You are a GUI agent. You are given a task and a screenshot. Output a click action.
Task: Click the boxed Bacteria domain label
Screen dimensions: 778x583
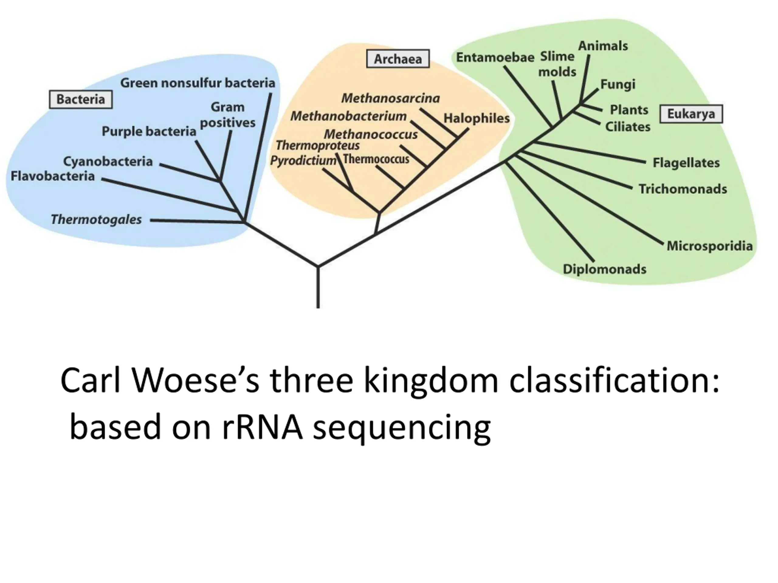tap(81, 100)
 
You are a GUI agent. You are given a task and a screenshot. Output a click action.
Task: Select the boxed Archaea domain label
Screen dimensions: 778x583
tap(398, 59)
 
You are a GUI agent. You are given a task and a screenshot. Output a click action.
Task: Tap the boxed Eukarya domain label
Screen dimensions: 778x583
tap(691, 114)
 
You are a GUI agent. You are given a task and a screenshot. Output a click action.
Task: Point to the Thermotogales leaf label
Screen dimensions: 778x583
tap(96, 220)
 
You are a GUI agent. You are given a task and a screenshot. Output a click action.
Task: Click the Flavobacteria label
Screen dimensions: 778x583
tap(53, 176)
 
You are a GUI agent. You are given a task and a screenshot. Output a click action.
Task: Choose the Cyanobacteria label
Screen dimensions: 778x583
tap(108, 161)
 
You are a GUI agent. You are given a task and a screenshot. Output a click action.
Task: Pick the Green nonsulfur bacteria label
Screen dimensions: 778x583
tap(198, 83)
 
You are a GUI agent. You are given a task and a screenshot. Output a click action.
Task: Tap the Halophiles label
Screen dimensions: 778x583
tap(477, 118)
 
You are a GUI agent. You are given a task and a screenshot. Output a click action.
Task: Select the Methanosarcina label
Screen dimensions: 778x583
tap(391, 98)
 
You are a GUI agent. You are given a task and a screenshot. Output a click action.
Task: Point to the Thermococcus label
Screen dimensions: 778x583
tap(376, 159)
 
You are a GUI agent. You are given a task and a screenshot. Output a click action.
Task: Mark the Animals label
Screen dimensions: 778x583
tap(603, 46)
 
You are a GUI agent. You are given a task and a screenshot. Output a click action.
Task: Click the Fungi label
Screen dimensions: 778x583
tap(618, 84)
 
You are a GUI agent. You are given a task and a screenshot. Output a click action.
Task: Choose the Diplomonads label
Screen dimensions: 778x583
tap(604, 269)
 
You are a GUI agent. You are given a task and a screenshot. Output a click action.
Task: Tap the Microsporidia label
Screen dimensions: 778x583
tap(710, 246)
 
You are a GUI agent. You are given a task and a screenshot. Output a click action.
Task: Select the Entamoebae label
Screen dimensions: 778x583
tap(495, 57)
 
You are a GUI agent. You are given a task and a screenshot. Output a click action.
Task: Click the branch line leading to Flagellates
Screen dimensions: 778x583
tap(589, 152)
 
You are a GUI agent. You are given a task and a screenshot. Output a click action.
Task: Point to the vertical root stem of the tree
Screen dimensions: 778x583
tap(318, 287)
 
